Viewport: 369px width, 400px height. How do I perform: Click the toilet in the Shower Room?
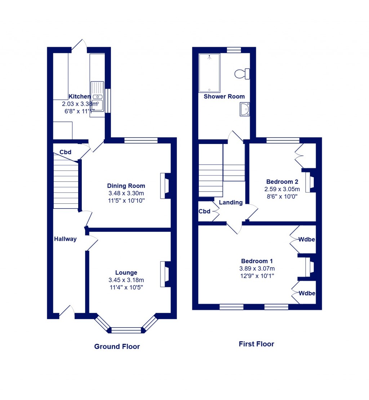[x=242, y=74]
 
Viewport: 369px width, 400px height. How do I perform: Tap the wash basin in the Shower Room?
[x=245, y=109]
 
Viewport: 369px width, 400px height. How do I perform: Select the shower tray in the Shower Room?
[x=209, y=73]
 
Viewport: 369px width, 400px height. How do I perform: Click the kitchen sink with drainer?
[x=97, y=95]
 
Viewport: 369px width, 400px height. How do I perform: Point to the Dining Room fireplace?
[x=165, y=186]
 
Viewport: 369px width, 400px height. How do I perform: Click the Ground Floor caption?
[x=117, y=346]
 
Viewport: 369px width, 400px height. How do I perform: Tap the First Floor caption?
[x=256, y=344]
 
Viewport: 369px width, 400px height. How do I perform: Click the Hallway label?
[x=65, y=239]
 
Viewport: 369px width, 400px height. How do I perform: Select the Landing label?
[x=231, y=202]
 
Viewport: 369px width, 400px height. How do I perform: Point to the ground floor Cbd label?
[x=65, y=152]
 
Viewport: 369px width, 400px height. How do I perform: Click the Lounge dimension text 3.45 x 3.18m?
[x=126, y=280]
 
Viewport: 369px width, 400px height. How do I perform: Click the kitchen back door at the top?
[x=79, y=45]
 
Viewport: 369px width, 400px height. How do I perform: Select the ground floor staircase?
[x=66, y=182]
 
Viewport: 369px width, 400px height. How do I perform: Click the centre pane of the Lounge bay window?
[x=126, y=330]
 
